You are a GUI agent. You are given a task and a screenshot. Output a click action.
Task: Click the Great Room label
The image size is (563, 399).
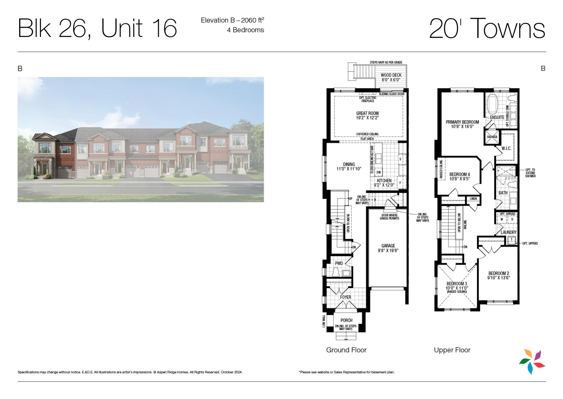[x=367, y=113]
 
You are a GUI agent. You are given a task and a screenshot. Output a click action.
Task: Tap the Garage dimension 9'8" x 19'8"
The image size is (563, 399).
[x=388, y=250]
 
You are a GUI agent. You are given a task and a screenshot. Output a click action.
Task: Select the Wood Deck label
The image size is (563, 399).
[x=391, y=75]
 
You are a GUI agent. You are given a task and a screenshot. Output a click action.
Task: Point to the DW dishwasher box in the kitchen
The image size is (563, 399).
[x=379, y=172]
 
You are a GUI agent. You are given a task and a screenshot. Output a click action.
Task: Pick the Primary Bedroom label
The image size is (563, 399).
[x=462, y=122]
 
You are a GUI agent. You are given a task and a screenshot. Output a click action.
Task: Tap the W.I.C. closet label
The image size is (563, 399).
[x=506, y=148]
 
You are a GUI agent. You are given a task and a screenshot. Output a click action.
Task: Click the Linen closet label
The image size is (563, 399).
[x=473, y=199]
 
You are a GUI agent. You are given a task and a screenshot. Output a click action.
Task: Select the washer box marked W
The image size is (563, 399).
[x=502, y=219]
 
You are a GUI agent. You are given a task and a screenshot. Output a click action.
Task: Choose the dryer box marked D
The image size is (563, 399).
[x=512, y=219]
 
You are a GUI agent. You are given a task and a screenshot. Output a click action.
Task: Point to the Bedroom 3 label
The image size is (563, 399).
[x=457, y=284]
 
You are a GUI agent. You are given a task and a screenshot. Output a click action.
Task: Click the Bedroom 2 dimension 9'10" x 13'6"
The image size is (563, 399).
[x=499, y=278]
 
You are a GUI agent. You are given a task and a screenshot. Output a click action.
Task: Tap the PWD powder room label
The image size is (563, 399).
[x=339, y=263]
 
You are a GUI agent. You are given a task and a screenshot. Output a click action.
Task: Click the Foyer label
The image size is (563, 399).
[x=345, y=297]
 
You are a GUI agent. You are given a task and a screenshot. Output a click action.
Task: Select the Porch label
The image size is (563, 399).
[x=346, y=320]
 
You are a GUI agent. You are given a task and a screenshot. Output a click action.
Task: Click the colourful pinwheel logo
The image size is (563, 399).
[x=532, y=362]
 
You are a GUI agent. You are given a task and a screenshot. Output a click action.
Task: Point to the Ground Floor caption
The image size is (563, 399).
[x=346, y=350]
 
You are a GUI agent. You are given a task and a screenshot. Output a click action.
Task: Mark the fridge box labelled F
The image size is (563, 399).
[x=400, y=182]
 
